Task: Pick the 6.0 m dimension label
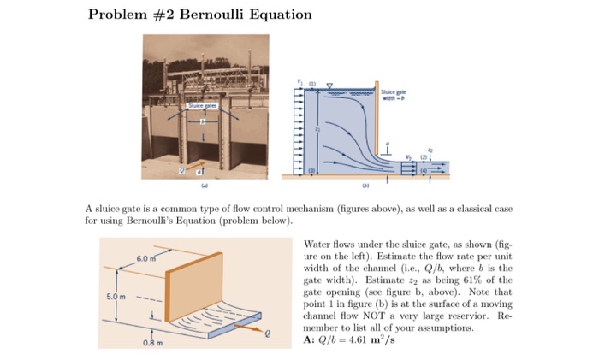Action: (143, 257)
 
